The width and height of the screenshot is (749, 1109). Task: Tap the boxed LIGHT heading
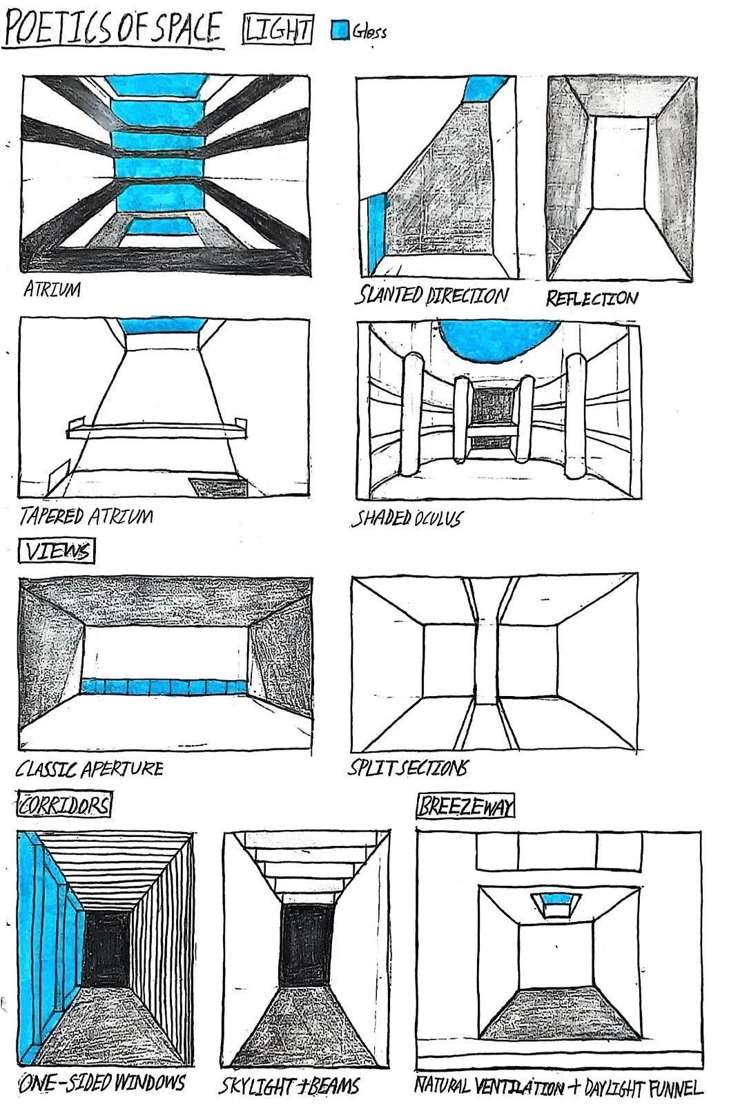(278, 30)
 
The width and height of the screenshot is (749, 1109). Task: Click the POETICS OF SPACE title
(113, 29)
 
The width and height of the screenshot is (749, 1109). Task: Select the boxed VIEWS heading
(57, 552)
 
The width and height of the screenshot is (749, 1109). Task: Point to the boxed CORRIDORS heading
(64, 805)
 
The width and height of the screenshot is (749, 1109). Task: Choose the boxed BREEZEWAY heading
(466, 807)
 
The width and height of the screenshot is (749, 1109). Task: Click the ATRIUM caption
(52, 289)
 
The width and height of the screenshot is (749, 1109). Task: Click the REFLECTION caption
(592, 298)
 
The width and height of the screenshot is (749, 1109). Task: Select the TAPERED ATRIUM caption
(86, 516)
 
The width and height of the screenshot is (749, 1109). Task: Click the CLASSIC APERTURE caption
(90, 769)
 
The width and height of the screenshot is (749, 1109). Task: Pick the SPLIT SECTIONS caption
(407, 767)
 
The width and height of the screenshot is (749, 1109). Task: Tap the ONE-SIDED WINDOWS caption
(102, 1082)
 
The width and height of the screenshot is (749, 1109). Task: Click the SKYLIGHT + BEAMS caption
(289, 1086)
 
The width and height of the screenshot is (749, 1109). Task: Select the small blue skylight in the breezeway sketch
(556, 898)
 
